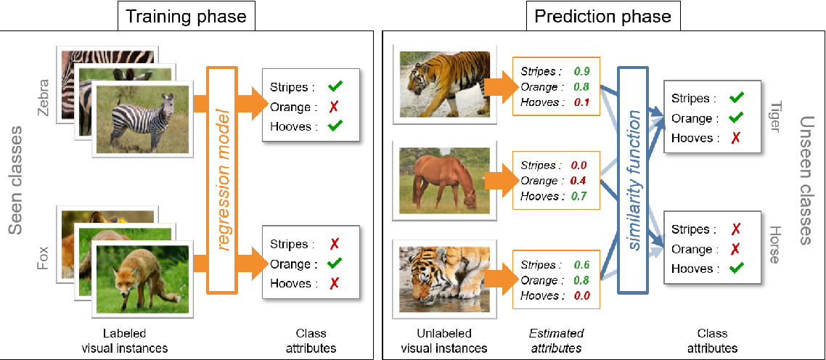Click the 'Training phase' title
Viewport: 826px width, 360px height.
pyautogui.click(x=187, y=16)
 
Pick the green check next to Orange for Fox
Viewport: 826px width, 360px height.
pyautogui.click(x=335, y=264)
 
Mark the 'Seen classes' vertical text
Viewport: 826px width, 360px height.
pyautogui.click(x=17, y=181)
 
